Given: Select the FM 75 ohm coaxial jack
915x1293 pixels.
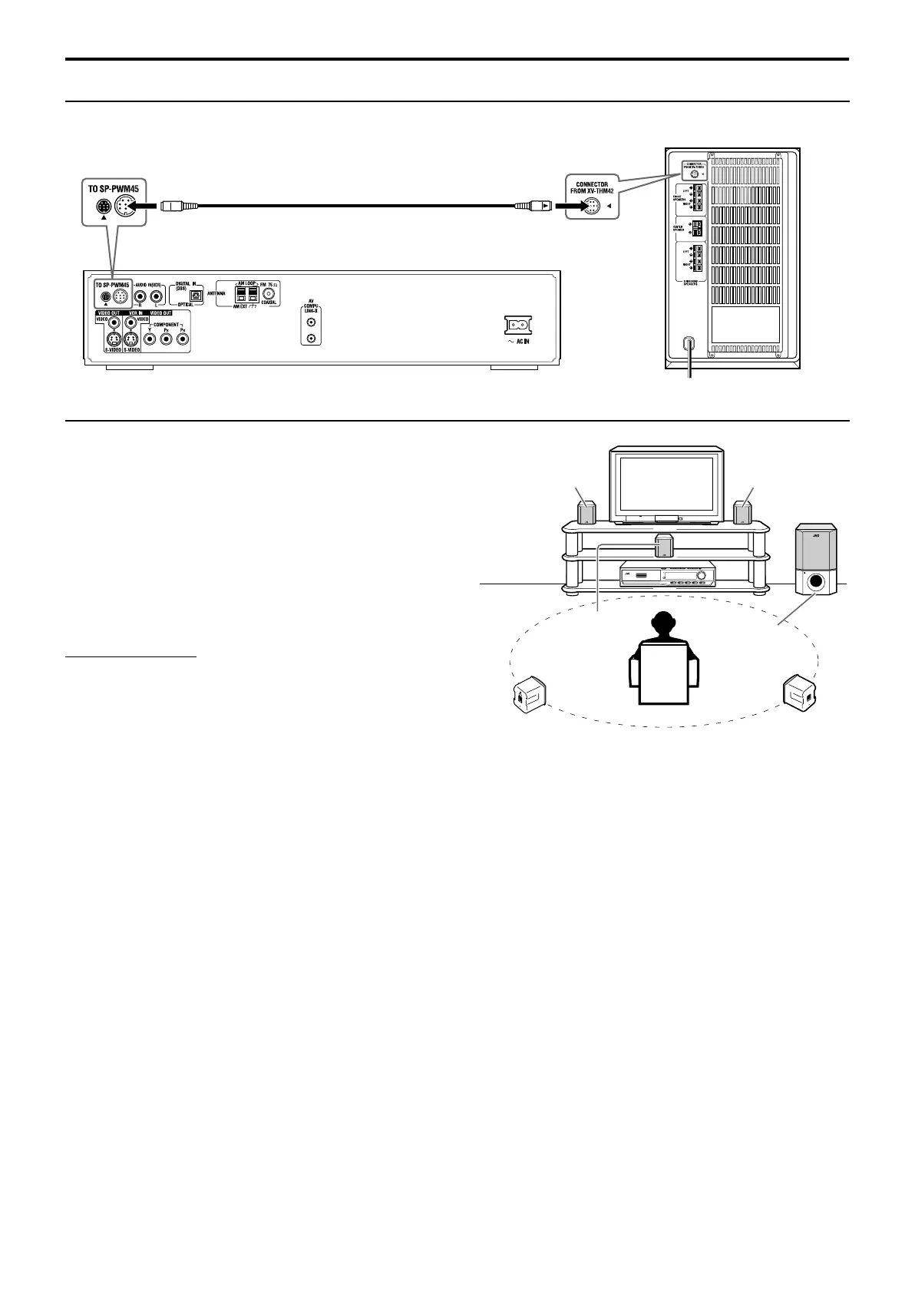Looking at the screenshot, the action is pos(269,293).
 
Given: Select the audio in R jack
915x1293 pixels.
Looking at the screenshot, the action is pos(140,295).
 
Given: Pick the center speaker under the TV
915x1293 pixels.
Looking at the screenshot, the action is pos(663,546).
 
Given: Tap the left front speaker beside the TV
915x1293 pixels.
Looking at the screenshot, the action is pos(586,513).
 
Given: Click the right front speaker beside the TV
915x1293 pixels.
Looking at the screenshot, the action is pos(742,512).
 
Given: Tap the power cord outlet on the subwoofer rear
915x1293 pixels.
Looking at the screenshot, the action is pos(689,344).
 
